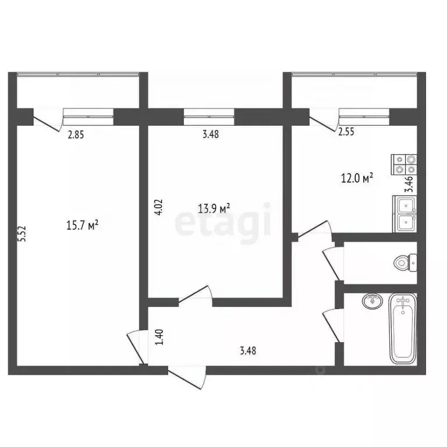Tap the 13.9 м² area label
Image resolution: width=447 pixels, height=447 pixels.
click(x=214, y=208)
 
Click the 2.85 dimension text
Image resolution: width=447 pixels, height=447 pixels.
click(x=76, y=135)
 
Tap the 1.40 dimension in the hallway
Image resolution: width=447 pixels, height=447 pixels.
click(x=158, y=338)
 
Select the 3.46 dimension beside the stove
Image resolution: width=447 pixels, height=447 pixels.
click(x=409, y=184)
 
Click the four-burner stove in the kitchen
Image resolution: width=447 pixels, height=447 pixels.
click(x=403, y=164)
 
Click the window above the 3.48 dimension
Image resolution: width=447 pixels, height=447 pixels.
click(x=209, y=117)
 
